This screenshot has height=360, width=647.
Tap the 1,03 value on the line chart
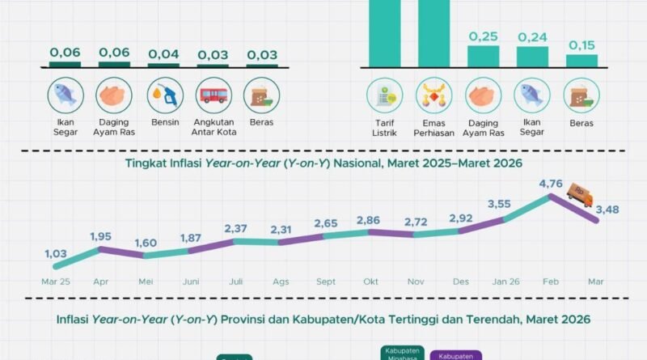tap(56, 253)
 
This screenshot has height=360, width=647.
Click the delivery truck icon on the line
tap(579, 193)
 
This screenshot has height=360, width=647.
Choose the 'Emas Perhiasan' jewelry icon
tap(433, 95)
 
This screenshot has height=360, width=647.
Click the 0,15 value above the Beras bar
tap(581, 45)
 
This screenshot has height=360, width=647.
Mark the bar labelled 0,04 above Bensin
tap(164, 65)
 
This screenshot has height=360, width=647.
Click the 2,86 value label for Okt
tap(371, 220)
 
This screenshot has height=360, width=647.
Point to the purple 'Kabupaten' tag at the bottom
tap(458, 354)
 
